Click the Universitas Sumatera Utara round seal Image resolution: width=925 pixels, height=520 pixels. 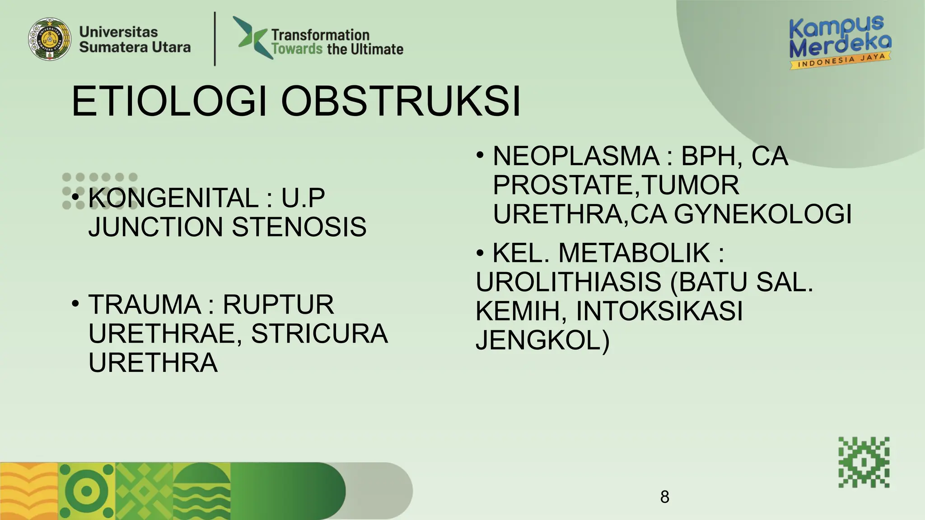(x=50, y=39)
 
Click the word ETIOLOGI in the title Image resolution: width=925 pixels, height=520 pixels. (x=169, y=101)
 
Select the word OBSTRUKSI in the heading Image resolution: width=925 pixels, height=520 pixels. (x=401, y=101)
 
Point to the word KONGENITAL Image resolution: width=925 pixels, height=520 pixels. (x=173, y=198)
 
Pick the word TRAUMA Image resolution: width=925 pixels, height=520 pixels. (x=145, y=305)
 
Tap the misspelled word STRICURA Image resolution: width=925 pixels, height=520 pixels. (x=319, y=334)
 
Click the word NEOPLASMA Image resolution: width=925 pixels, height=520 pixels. (x=576, y=156)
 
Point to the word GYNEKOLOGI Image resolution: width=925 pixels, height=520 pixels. (x=763, y=214)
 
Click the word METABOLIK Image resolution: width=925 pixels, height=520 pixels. (x=634, y=253)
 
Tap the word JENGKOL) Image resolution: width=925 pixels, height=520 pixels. (x=542, y=340)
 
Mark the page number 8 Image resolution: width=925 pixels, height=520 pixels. (x=664, y=497)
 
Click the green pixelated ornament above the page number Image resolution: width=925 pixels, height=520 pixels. (x=864, y=462)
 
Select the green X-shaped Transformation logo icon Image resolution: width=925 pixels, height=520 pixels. (x=253, y=37)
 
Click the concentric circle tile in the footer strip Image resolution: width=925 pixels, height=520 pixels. (x=87, y=491)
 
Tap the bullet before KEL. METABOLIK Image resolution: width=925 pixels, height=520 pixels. (x=480, y=253)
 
